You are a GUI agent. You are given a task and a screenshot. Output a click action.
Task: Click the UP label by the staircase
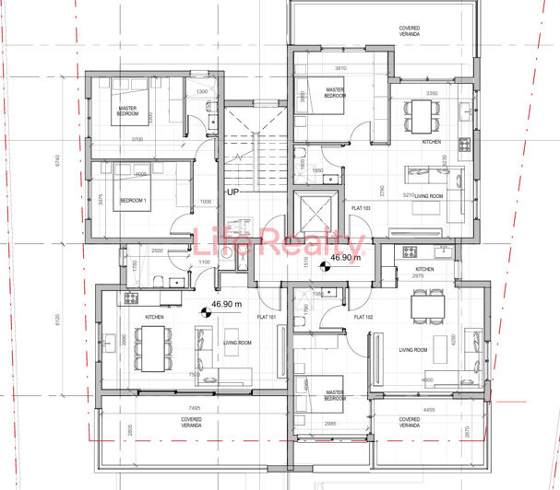pyautogui.click(x=233, y=192)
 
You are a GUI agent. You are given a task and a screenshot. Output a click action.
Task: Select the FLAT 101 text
pyautogui.click(x=268, y=318)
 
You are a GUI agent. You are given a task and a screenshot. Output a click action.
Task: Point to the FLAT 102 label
pyautogui.click(x=363, y=318)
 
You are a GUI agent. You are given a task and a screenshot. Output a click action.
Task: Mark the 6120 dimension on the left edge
pyautogui.click(x=58, y=323)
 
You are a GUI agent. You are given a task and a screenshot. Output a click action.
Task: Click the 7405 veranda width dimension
pyautogui.click(x=192, y=406)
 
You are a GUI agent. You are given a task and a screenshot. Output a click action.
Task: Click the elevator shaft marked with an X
pyautogui.click(x=312, y=215)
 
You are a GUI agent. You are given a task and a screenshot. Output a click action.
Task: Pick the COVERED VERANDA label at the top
pyautogui.click(x=410, y=31)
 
